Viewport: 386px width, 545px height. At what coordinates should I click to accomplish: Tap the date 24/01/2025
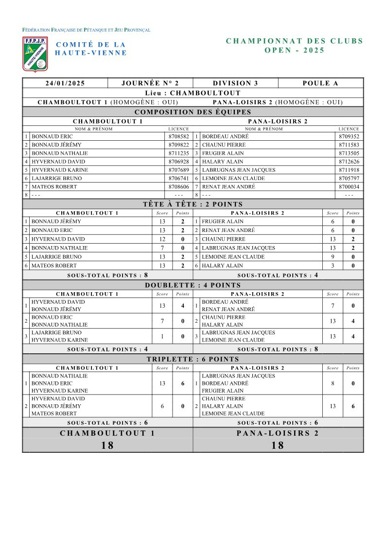coord(65,83)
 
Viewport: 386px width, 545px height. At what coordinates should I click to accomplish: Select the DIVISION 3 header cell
coord(235,83)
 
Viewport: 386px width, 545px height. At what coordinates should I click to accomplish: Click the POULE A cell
coord(320,83)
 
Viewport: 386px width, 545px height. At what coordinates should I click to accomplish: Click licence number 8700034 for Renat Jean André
coord(349,186)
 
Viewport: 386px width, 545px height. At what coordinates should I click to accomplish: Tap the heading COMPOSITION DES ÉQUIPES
coord(193,112)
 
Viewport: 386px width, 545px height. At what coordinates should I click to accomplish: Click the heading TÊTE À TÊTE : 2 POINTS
coord(193,204)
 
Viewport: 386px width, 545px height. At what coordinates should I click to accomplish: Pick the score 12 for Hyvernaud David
coord(162,239)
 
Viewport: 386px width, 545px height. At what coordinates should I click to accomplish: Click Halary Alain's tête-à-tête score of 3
coord(333,265)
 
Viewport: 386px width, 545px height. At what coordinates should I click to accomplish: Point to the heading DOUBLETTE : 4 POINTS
coord(193,285)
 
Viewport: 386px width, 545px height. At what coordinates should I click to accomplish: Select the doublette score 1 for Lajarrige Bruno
coord(162,336)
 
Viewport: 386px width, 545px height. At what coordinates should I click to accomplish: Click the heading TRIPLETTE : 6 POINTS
coord(193,359)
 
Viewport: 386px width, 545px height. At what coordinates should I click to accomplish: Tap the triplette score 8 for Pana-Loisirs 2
coord(333,383)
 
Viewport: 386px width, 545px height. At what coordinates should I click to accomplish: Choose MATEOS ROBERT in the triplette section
coord(54,413)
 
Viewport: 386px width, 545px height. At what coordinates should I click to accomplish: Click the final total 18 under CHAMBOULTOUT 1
coord(107,446)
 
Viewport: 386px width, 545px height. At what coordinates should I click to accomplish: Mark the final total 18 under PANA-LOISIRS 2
coord(278,446)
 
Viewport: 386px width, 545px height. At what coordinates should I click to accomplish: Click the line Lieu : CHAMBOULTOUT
coord(193,93)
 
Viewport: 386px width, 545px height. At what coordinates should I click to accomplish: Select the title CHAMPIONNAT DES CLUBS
coord(295,41)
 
